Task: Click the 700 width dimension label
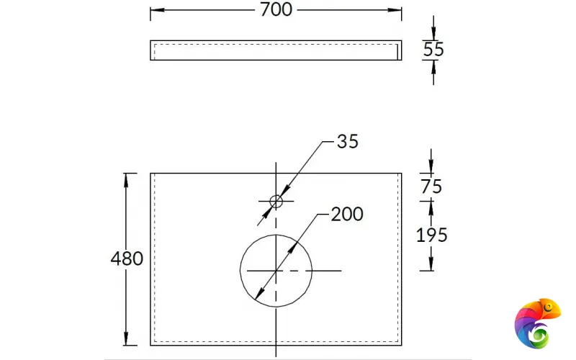pyautogui.click(x=276, y=9)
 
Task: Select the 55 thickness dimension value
pyautogui.click(x=433, y=50)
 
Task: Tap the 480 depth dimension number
pyautogui.click(x=127, y=258)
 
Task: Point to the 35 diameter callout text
pyautogui.click(x=347, y=142)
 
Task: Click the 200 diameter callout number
pyautogui.click(x=347, y=214)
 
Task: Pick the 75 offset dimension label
pyautogui.click(x=431, y=186)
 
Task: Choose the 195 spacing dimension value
pyautogui.click(x=432, y=235)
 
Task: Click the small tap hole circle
pyautogui.click(x=276, y=201)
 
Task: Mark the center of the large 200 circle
pyautogui.click(x=276, y=269)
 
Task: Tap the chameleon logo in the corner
pyautogui.click(x=537, y=324)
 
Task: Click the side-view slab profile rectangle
pyautogui.click(x=276, y=50)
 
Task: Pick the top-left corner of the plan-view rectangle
pyautogui.click(x=150, y=174)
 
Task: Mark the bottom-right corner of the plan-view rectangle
pyautogui.click(x=401, y=346)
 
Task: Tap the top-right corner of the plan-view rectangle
pyautogui.click(x=401, y=174)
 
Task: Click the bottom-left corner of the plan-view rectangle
pyautogui.click(x=150, y=346)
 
